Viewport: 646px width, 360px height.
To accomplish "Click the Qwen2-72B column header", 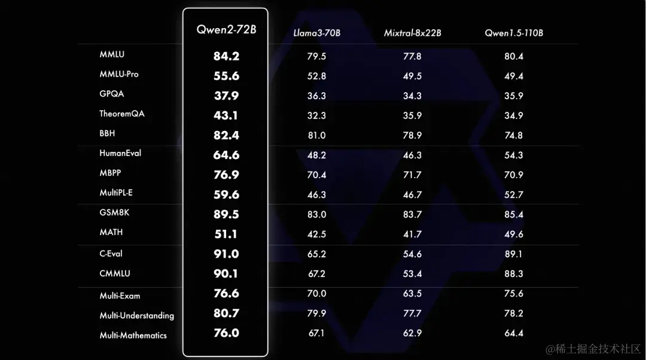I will [226, 29].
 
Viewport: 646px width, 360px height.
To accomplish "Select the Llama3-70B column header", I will [317, 33].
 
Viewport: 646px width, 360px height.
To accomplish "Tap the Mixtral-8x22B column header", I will [412, 33].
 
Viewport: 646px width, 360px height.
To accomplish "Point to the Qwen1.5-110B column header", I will [514, 33].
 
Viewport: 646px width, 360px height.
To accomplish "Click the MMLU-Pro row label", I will [119, 74].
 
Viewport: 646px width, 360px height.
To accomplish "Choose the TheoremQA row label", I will [122, 114].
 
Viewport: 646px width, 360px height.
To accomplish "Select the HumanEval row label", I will [120, 153].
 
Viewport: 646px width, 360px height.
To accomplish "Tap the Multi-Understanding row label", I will [137, 315].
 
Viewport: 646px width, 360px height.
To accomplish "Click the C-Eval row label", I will [111, 254].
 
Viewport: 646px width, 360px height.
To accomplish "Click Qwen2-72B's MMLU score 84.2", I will [226, 56].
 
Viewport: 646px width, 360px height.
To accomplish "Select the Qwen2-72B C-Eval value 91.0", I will [226, 254].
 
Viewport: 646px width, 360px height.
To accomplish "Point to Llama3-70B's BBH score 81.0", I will [317, 136].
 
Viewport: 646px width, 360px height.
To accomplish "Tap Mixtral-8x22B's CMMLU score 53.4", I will [412, 274].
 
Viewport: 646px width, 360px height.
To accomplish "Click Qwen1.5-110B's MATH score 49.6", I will [514, 234].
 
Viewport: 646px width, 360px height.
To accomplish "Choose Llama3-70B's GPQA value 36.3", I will [317, 96].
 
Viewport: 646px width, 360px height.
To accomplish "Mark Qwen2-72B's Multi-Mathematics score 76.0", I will [226, 333].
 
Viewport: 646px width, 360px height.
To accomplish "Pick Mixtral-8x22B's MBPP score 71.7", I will [412, 175].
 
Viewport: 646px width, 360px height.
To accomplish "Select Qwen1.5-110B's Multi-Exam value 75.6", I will [514, 294].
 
